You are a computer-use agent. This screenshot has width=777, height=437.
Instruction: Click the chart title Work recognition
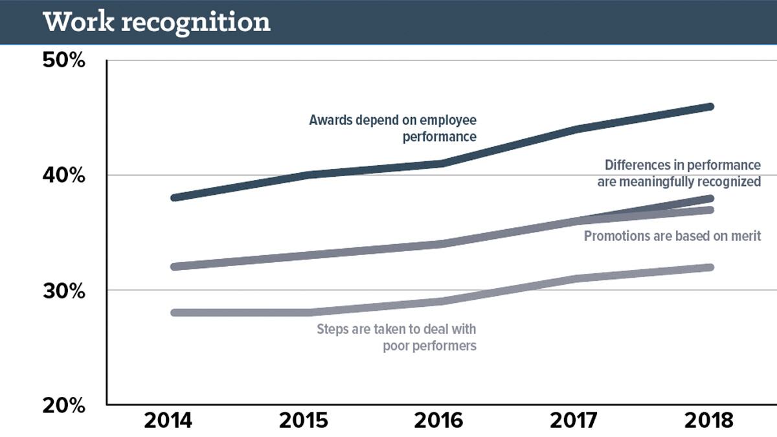tap(156, 21)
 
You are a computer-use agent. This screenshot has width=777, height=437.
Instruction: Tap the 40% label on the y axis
tap(64, 175)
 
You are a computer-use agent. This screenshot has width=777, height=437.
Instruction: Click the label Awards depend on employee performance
tap(392, 128)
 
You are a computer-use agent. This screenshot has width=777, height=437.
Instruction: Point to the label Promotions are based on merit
tap(672, 236)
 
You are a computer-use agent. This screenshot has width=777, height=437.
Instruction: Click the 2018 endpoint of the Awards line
tap(710, 106)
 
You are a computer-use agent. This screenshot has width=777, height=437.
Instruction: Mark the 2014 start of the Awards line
tap(174, 197)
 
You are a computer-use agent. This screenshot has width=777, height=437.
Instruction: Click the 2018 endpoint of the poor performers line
tap(710, 267)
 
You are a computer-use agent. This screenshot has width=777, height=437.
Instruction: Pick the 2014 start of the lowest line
tap(174, 313)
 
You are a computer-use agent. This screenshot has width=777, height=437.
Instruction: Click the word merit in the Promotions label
tap(746, 236)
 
